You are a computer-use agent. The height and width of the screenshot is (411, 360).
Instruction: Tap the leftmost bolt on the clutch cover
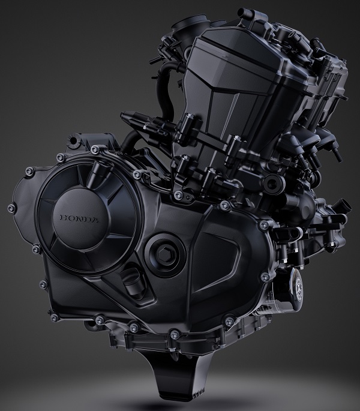pos(11,208)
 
